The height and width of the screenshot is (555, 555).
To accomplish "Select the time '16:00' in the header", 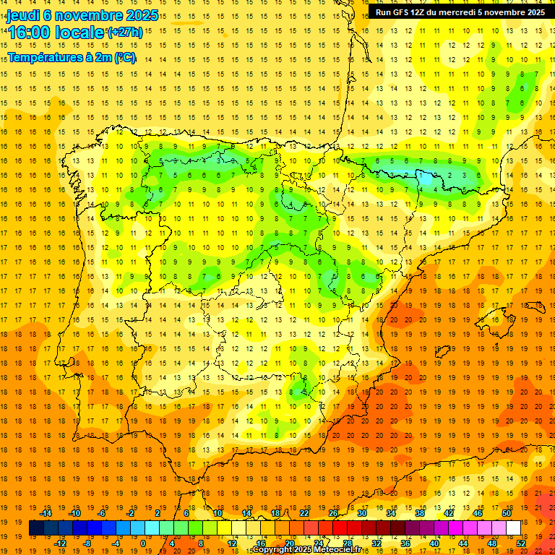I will [x=30, y=33].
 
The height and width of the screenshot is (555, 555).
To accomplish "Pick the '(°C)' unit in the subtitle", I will [x=124, y=57].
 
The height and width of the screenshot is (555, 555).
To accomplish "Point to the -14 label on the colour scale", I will [x=46, y=513].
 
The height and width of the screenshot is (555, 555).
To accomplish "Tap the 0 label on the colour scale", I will [x=143, y=543].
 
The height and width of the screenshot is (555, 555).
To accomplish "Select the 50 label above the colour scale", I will [x=506, y=513].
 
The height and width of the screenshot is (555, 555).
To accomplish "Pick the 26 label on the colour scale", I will [x=332, y=513].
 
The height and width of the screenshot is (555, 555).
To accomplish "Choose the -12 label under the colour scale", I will [x=60, y=543].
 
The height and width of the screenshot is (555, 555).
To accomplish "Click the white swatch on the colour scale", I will [x=513, y=528].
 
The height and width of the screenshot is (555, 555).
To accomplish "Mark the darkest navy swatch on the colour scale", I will [x=36, y=528].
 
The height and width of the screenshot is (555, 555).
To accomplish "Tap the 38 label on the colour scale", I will [x=419, y=513].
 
